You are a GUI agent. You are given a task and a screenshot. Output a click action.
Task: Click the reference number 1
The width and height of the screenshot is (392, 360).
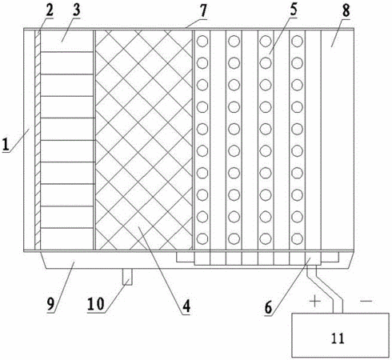[x=6, y=145]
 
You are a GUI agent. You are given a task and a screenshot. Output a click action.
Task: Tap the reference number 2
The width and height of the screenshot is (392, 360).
[x=49, y=10]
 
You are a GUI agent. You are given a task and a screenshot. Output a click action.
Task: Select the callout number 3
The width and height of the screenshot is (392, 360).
[x=77, y=10]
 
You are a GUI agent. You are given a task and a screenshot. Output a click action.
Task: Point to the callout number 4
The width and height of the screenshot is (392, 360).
[x=186, y=306]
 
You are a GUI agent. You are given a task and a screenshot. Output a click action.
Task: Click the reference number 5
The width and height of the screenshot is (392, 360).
[x=294, y=9]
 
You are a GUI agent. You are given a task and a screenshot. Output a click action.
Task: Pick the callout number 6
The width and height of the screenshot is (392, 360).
[x=268, y=308]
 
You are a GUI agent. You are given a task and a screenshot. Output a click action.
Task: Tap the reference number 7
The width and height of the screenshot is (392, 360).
[x=203, y=10]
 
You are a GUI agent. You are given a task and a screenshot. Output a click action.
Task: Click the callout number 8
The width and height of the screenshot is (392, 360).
[x=346, y=10]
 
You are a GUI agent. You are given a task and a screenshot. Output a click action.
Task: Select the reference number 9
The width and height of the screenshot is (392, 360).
[x=51, y=304]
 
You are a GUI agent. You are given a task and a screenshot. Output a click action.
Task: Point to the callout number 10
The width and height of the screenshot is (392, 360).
[x=96, y=304]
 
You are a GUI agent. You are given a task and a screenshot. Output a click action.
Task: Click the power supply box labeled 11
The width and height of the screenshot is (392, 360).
[x=340, y=335]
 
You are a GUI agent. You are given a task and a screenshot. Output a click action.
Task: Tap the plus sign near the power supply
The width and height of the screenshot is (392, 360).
[x=315, y=302]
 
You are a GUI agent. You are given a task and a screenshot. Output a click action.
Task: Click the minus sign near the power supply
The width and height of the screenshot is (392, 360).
[x=366, y=301]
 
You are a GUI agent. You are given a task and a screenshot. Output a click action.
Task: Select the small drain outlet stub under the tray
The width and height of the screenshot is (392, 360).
[x=127, y=277]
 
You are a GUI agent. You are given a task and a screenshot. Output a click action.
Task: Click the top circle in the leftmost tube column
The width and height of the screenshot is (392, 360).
[x=202, y=41]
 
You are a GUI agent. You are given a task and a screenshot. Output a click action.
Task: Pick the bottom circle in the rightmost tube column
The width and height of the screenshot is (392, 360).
[x=297, y=238]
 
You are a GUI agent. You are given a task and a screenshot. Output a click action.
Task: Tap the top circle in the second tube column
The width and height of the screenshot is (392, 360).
[x=234, y=41]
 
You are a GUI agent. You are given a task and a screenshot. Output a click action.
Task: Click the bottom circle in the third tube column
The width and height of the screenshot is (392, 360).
[x=266, y=238]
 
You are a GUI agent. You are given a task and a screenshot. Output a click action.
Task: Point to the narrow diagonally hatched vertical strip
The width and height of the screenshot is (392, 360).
[x=38, y=139]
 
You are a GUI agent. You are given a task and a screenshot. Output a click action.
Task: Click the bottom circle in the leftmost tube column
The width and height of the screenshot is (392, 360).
[x=202, y=238]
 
